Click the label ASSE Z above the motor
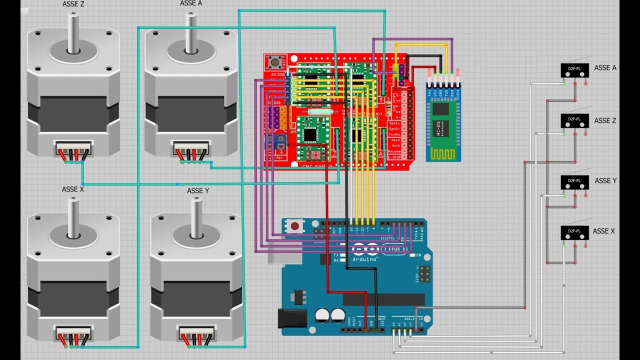pos(73,4)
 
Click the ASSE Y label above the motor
pos(198,190)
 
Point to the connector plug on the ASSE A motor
pos(191,148)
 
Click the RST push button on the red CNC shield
pos(274,62)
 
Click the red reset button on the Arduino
pos(295,226)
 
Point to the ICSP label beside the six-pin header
pos(416,274)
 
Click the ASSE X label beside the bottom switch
pos(603,231)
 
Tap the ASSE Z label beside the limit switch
pos(605,120)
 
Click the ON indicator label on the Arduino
pos(418,255)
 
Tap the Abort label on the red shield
pos(395,140)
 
